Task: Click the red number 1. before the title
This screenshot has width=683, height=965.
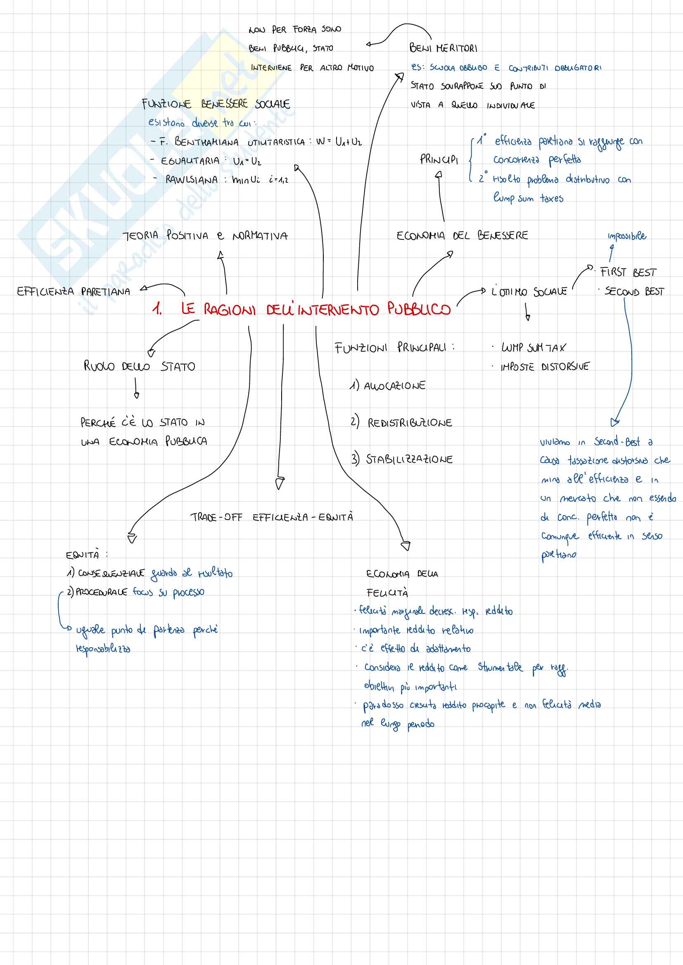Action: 157,310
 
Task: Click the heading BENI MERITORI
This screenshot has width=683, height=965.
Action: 443,48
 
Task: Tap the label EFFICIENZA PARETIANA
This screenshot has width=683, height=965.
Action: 74,291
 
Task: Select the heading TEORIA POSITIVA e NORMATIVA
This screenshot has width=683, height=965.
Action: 205,235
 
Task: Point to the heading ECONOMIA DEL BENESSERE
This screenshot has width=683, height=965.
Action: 462,235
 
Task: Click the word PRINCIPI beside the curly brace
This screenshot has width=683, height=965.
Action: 439,160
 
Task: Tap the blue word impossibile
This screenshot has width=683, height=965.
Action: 627,236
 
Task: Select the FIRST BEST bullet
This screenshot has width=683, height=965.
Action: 628,272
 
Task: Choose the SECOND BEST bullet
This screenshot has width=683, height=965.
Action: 634,292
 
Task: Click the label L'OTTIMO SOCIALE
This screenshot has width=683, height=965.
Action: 529,291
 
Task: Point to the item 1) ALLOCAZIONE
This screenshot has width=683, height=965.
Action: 388,386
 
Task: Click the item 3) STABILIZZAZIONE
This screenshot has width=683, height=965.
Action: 402,459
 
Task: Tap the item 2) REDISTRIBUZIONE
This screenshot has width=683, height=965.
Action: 402,422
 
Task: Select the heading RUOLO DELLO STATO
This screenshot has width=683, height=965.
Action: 139,366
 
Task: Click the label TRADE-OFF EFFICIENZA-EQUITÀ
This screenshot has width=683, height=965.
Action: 271,517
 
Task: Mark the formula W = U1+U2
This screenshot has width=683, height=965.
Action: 339,142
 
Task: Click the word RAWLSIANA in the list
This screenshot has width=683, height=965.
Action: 191,180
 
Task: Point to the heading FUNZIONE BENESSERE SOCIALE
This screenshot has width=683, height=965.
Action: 215,104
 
